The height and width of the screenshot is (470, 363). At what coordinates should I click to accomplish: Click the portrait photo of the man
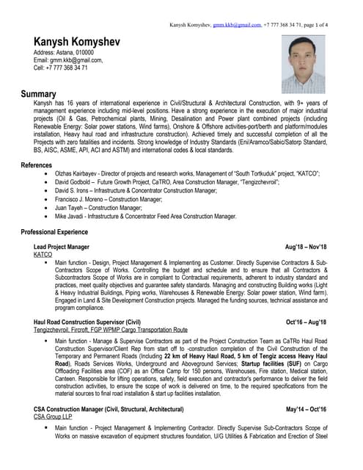pyautogui.click(x=304, y=65)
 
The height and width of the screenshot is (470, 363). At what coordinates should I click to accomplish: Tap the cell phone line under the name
pyautogui.click(x=61, y=68)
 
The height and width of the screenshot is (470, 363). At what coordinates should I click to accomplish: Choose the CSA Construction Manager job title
pyautogui.click(x=109, y=408)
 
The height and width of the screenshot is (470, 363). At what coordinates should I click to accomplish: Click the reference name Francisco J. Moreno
pyautogui.click(x=84, y=199)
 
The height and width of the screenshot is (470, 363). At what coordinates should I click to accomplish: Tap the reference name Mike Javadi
pyautogui.click(x=72, y=217)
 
